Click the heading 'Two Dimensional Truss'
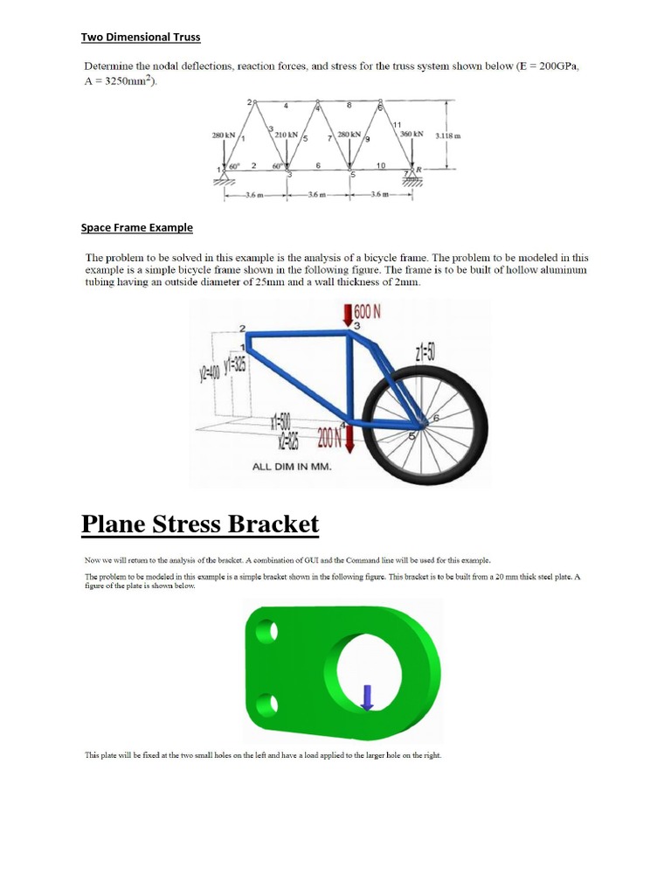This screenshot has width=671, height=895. (x=140, y=37)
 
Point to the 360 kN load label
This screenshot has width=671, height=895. (x=411, y=135)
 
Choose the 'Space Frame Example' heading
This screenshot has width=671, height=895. (x=136, y=228)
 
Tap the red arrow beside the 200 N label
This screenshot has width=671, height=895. (x=349, y=438)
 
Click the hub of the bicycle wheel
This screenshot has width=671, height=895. (x=423, y=422)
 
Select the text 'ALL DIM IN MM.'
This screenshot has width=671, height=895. (x=292, y=467)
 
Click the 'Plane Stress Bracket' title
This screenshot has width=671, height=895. (x=200, y=525)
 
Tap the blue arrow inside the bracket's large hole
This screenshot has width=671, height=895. (x=367, y=696)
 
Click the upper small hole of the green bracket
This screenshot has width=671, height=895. (x=269, y=629)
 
